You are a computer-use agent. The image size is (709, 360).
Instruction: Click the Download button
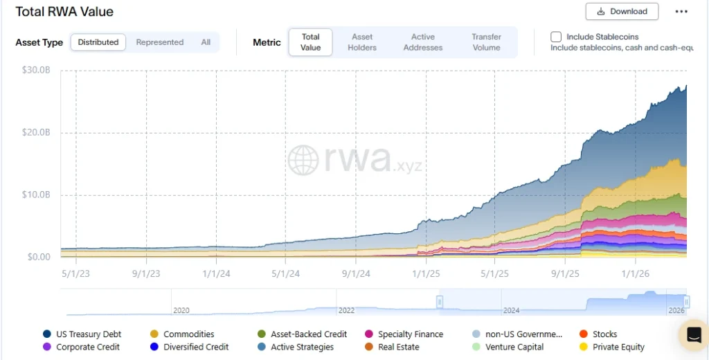(x=621, y=12)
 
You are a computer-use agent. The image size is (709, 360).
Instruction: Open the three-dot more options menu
(x=681, y=12)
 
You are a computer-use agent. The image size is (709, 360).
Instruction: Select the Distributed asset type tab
(x=98, y=42)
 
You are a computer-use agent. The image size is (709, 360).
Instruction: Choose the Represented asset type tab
(x=159, y=42)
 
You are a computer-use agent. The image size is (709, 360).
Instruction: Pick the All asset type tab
(x=206, y=42)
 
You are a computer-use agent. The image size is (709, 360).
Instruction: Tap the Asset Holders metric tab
(x=362, y=42)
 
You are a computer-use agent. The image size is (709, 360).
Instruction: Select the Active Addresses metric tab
(x=422, y=42)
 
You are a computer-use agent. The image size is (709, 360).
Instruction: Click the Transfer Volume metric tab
(x=486, y=42)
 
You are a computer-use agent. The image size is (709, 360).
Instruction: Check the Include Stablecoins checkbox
(x=556, y=37)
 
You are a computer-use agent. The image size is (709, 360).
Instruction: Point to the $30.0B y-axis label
(x=36, y=71)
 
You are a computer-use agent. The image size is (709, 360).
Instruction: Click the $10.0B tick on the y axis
(x=36, y=195)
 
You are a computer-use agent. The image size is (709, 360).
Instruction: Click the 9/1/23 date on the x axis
(x=145, y=273)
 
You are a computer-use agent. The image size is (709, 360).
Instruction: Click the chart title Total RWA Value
(x=64, y=12)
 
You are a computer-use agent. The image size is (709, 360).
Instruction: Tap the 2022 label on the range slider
(x=346, y=311)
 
